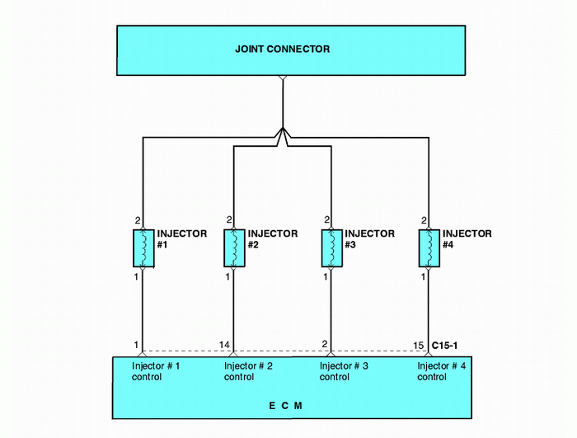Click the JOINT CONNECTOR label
[283, 49]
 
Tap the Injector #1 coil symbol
[143, 248]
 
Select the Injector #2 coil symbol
[234, 248]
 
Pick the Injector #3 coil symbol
[331, 248]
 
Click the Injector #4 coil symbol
[429, 248]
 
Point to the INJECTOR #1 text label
[181, 239]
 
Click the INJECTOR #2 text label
[272, 239]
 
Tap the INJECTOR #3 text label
[369, 239]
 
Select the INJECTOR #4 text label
[467, 239]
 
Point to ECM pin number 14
[224, 344]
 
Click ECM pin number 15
[418, 344]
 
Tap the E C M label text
[285, 406]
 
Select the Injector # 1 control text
[156, 371]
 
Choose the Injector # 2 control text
[248, 371]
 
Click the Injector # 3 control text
[344, 371]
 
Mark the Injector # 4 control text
[442, 371]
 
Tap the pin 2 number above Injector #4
[424, 220]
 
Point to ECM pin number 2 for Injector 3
[326, 344]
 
